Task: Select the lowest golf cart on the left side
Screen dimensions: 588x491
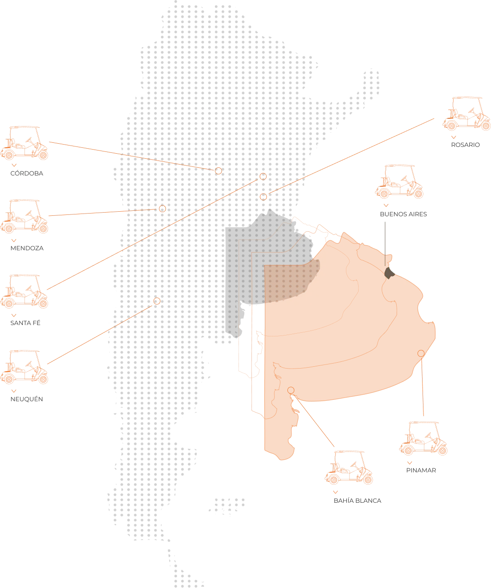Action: (25, 367)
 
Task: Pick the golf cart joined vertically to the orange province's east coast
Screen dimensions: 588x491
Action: (423, 438)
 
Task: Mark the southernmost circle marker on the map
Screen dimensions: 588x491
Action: (157, 301)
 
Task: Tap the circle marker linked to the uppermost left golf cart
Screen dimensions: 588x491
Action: (219, 171)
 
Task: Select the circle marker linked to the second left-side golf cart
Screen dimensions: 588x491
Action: (162, 209)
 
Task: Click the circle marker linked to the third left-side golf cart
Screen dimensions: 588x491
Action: (262, 176)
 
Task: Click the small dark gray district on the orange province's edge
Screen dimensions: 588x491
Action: (389, 272)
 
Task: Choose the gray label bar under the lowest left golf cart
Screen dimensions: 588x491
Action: (26, 399)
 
